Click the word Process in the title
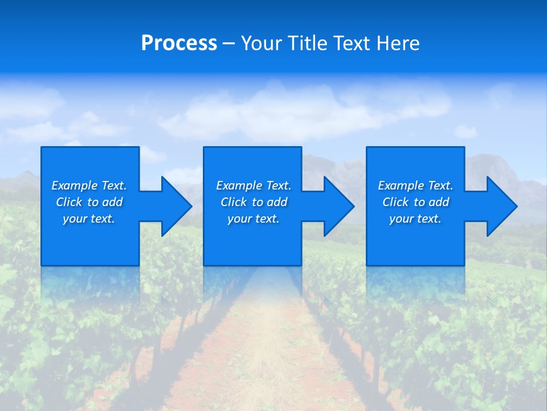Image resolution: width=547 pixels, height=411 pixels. click(179, 43)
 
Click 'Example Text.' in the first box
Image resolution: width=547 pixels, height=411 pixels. click(89, 186)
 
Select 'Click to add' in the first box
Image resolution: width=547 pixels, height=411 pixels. click(89, 202)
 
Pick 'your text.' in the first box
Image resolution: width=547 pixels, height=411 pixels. click(89, 219)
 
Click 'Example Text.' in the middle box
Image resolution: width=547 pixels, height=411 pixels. click(254, 186)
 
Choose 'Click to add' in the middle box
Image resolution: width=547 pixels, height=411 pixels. click(254, 202)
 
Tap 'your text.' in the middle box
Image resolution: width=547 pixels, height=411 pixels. click(254, 219)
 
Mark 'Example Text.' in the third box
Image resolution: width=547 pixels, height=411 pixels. click(415, 186)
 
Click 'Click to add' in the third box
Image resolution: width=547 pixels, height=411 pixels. click(415, 202)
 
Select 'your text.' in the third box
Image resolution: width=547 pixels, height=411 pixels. click(415, 219)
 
